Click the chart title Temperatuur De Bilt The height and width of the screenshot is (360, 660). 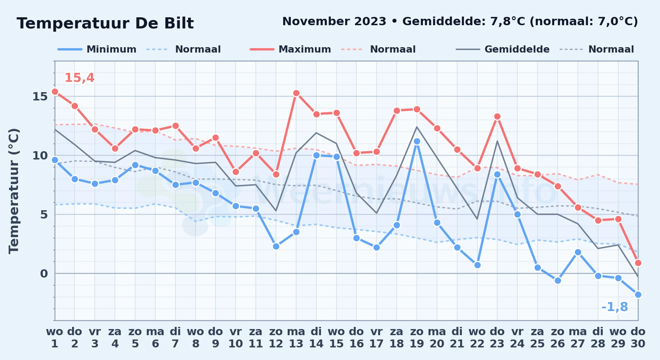point(105,23)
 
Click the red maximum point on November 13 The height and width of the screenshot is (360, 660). point(296,93)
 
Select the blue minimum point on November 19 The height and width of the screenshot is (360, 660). point(417,141)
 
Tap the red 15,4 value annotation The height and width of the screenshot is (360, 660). point(79,78)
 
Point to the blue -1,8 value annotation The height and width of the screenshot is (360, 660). point(615,307)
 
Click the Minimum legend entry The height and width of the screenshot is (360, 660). point(97,49)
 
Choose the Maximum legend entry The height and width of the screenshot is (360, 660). point(290,49)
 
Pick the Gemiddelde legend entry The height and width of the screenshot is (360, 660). point(503,49)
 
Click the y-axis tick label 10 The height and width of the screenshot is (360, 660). point(40,156)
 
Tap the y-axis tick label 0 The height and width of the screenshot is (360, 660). point(44,274)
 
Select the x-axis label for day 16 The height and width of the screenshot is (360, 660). point(356,338)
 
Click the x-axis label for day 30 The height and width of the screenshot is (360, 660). point(638,338)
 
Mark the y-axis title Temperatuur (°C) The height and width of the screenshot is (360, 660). point(14,191)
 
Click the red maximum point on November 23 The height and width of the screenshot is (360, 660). point(497,117)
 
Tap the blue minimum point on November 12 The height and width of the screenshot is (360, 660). point(276,247)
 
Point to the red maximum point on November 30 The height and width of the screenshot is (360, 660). point(638,263)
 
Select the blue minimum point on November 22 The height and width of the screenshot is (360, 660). point(477,265)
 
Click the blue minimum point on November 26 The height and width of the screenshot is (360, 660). point(558,281)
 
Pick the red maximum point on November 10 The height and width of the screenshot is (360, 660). point(236,172)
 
